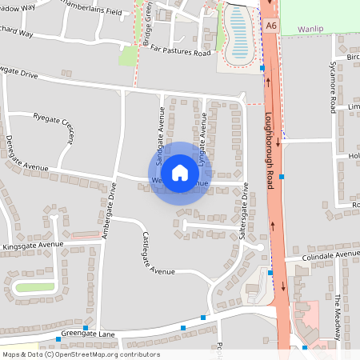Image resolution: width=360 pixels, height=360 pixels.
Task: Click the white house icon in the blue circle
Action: pyautogui.click(x=180, y=172)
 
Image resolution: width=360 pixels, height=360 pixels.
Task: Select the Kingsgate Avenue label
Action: pyautogui.click(x=32, y=245)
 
